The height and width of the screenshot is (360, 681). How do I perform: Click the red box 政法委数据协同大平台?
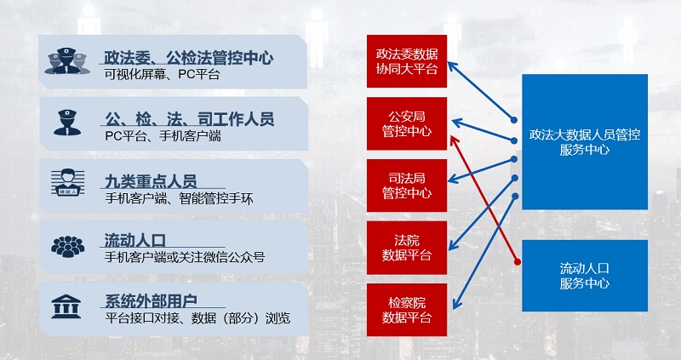(x=407, y=61)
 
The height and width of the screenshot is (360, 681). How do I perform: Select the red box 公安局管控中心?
(x=407, y=123)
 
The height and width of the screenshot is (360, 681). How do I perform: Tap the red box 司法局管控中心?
(x=407, y=186)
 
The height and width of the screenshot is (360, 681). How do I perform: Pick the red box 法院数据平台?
(x=407, y=248)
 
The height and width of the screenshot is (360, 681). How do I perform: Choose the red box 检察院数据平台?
(x=407, y=310)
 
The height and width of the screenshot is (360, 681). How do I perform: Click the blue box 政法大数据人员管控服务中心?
(x=585, y=142)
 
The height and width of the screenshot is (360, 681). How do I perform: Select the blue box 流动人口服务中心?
(x=585, y=276)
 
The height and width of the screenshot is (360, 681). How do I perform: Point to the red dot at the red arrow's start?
(x=517, y=262)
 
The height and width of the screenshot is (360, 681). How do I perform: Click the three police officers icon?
(x=67, y=60)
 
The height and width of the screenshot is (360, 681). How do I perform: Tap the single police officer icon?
(x=67, y=123)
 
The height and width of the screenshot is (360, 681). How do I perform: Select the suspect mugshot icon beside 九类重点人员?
(x=67, y=182)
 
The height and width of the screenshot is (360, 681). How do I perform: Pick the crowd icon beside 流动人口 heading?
(x=67, y=246)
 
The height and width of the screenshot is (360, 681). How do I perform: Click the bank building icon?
(x=66, y=306)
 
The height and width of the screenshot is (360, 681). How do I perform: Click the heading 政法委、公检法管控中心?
(x=188, y=58)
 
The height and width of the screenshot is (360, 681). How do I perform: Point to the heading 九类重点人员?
(x=151, y=181)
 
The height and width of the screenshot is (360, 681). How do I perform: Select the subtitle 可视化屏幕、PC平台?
(x=162, y=74)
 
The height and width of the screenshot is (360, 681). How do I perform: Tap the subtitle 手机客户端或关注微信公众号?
(x=185, y=257)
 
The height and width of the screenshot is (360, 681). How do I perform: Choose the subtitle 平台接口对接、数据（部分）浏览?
(x=197, y=318)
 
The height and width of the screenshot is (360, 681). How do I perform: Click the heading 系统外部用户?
(x=152, y=301)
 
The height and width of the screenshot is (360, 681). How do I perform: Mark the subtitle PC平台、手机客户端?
(x=163, y=136)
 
